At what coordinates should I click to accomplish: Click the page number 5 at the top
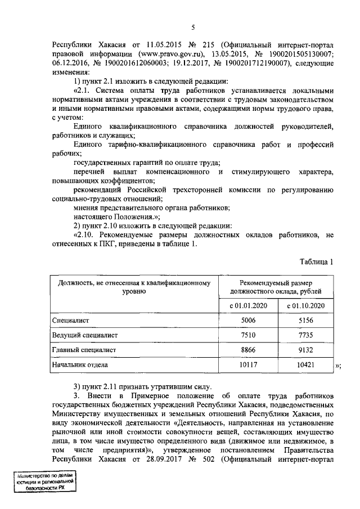point(193,28)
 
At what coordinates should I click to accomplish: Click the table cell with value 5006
point(248,320)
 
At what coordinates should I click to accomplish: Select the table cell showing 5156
point(306,320)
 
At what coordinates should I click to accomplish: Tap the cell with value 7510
point(248,335)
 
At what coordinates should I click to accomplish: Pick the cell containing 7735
point(306,335)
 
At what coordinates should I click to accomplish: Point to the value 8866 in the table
point(248,350)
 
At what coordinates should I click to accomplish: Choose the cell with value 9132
point(306,350)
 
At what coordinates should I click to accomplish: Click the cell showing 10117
point(248,364)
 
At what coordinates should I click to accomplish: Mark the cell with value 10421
point(306,364)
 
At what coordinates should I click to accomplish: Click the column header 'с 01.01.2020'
point(248,305)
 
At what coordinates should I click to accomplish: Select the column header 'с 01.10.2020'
point(306,305)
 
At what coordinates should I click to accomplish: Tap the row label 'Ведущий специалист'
point(85,335)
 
